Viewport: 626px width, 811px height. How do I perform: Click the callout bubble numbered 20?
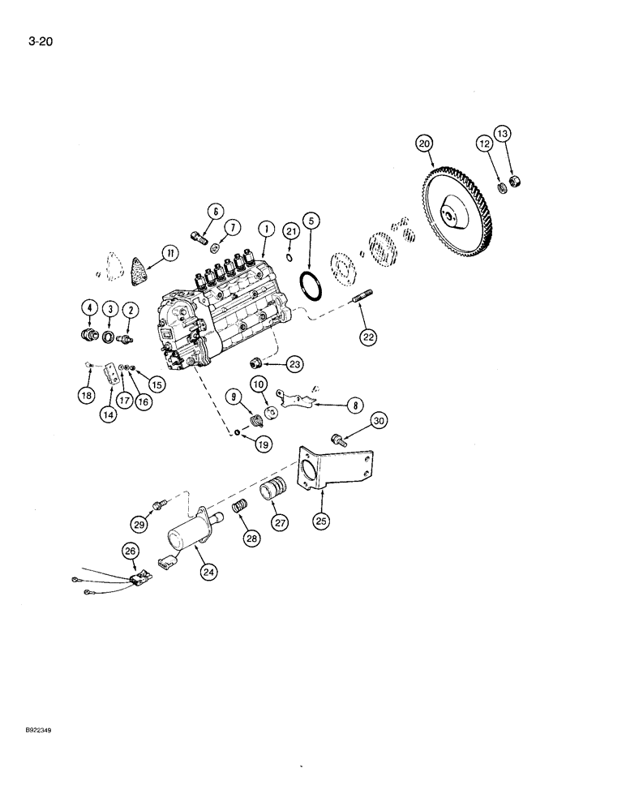click(x=423, y=144)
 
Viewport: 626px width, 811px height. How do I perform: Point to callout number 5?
click(x=310, y=221)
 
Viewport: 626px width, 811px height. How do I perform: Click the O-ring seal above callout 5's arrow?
click(x=310, y=285)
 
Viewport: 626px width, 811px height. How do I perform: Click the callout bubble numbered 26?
click(x=130, y=551)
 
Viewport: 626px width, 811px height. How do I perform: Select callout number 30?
click(x=379, y=420)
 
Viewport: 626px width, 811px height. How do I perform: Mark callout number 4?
click(x=88, y=307)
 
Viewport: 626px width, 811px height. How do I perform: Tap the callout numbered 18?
click(x=87, y=395)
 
